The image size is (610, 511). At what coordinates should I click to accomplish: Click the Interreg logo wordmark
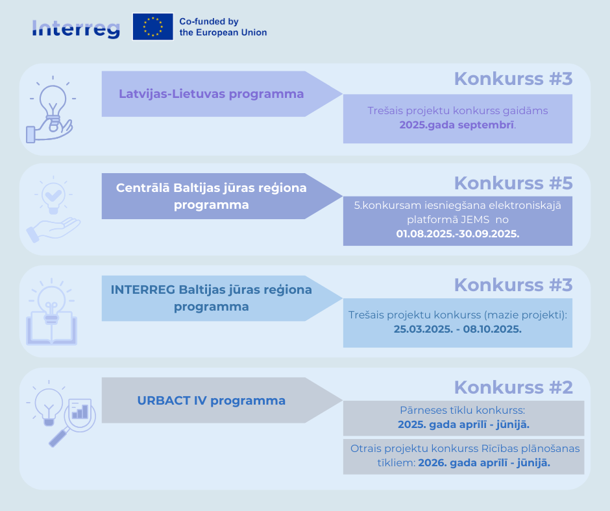[x=76, y=29]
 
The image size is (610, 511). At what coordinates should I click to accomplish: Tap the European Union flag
[x=153, y=27]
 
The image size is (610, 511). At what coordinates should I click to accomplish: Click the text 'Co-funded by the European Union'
[x=223, y=27]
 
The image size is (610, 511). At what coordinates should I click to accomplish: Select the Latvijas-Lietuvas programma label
[x=212, y=94]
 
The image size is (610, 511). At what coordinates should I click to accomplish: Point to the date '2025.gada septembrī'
[x=457, y=125]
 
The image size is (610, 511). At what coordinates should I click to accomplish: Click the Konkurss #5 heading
[x=513, y=183]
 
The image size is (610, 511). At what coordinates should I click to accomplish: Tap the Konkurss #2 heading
[x=513, y=387]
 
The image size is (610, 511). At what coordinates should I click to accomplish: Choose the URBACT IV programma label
[x=212, y=401]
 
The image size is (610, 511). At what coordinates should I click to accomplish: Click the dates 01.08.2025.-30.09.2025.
[x=457, y=233]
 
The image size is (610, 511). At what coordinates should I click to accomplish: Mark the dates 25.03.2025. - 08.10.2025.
[x=457, y=329]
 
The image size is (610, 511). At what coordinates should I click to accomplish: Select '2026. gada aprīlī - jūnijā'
[x=484, y=463]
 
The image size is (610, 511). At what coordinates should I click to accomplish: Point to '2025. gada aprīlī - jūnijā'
[x=463, y=424]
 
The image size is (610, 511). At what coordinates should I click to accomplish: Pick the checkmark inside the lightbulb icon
[x=53, y=194]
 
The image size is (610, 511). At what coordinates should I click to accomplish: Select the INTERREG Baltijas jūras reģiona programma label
[x=212, y=298]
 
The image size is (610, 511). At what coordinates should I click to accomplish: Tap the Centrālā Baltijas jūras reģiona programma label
[x=212, y=196]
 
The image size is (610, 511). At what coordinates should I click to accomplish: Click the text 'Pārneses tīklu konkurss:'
[x=463, y=410]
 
